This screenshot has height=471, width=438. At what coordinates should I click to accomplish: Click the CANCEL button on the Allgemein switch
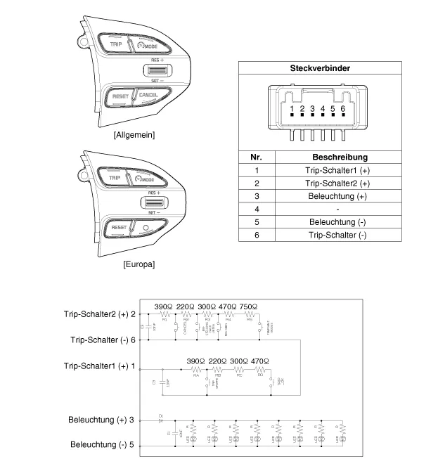147,95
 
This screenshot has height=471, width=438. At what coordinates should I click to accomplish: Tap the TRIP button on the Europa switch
115,179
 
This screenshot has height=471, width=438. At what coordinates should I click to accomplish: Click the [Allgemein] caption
134,134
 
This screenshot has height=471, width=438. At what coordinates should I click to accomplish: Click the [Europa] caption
134,264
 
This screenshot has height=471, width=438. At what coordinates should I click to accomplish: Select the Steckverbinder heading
321,68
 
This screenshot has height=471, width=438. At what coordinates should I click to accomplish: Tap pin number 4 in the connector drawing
322,109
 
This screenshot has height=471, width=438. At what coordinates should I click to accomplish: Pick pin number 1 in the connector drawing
291,109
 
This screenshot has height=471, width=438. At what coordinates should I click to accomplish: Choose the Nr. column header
257,157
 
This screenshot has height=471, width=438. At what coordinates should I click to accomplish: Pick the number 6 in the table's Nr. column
257,234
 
